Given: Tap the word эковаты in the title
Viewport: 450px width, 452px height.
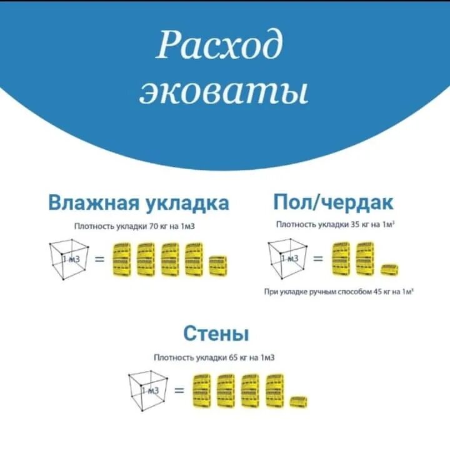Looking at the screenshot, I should click(x=224, y=92).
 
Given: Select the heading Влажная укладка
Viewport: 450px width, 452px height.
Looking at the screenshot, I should click(x=139, y=203).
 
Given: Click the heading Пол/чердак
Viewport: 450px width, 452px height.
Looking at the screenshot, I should click(x=333, y=202).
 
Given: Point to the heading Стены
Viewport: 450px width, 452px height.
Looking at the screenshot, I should click(x=216, y=333).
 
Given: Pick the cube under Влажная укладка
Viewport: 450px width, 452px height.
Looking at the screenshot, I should click(x=69, y=258).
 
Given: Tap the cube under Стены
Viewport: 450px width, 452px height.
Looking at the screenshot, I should click(x=148, y=391).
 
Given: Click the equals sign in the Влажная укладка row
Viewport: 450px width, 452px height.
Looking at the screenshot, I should click(x=99, y=258).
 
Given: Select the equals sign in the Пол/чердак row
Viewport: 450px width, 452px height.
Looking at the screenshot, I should click(x=318, y=258).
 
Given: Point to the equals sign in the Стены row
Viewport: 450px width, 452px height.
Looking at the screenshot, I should click(x=179, y=391).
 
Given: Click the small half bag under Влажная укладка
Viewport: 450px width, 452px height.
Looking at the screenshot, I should click(x=218, y=265).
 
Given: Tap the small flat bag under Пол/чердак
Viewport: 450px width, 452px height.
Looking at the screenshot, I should click(x=389, y=269).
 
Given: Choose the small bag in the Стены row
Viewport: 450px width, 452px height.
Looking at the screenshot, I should click(x=298, y=401).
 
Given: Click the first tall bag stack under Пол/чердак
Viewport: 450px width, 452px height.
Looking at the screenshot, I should click(x=341, y=258).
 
